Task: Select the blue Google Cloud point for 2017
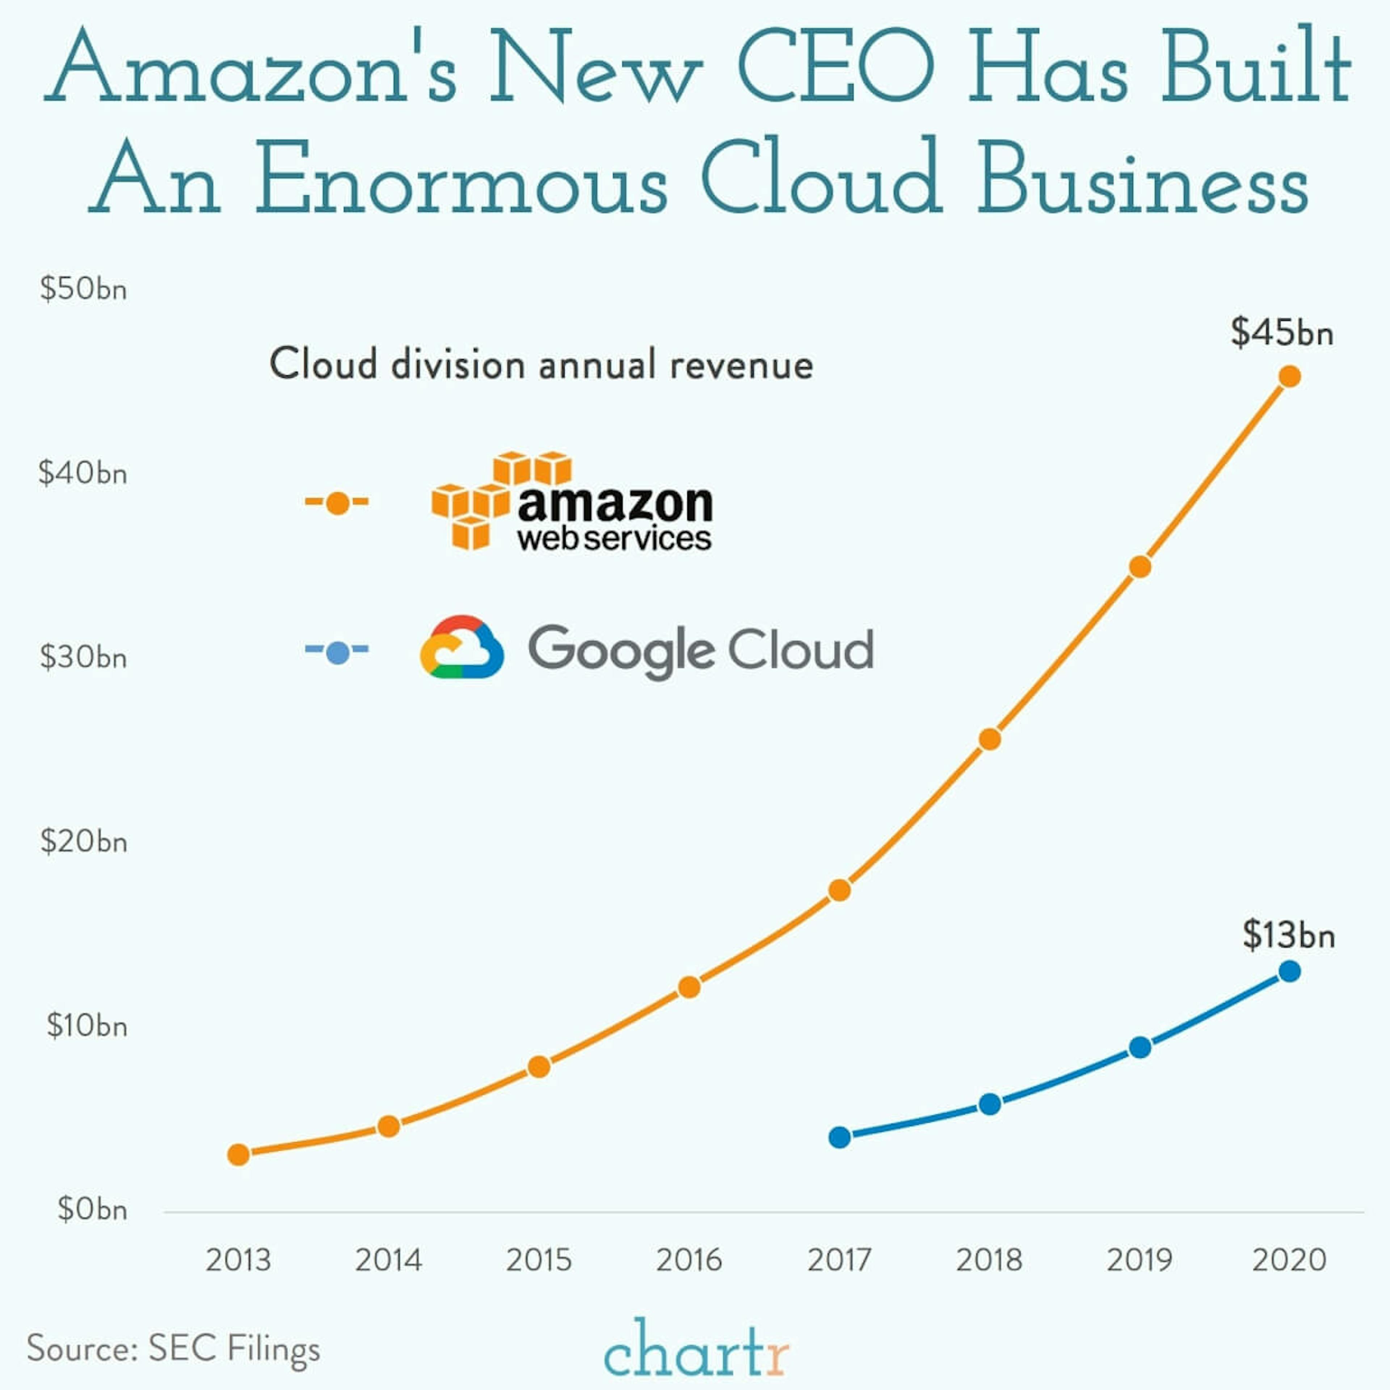[840, 1137]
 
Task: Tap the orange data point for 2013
[239, 1155]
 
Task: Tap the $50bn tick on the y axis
[84, 289]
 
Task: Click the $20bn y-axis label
[84, 842]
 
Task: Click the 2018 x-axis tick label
[989, 1260]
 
